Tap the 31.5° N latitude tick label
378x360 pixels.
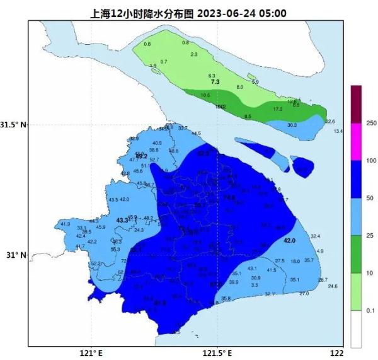14,124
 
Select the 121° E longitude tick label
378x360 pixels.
91,352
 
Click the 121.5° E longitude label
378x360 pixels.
217,352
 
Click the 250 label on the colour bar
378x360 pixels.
370,122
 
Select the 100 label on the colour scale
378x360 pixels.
370,160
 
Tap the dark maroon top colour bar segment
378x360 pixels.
357,103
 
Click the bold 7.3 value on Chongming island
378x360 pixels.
215,82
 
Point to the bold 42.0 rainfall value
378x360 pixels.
290,241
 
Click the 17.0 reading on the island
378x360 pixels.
277,109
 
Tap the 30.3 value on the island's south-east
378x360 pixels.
292,125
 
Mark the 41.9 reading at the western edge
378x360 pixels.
65,224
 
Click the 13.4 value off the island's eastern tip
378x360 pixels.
338,131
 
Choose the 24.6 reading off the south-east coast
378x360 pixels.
333,286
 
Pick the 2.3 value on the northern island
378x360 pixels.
193,55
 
